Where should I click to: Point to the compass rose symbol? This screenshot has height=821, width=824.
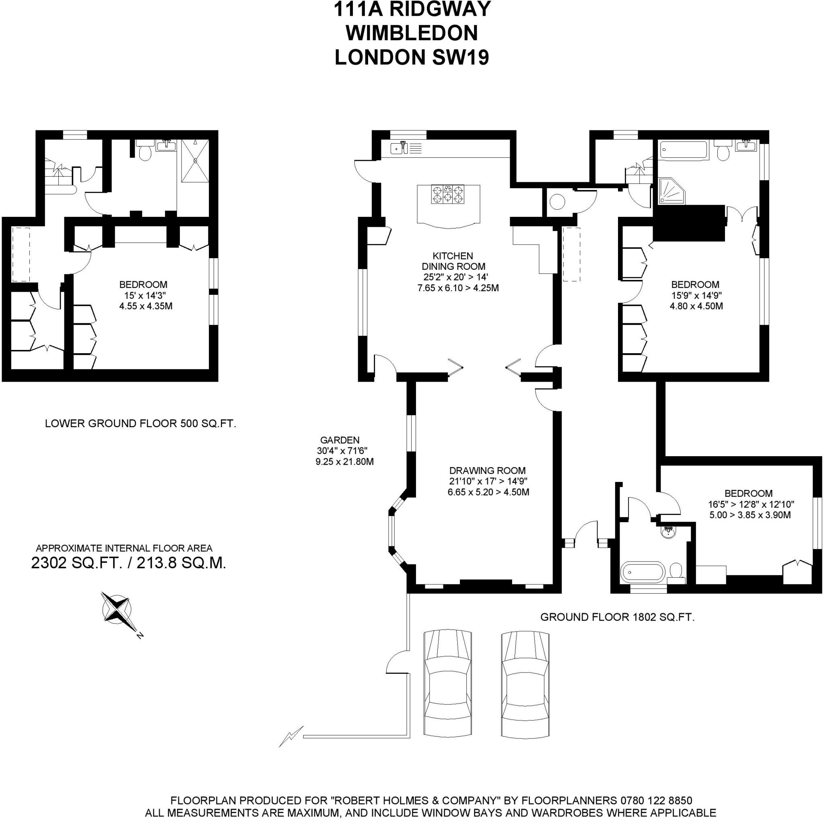(x=116, y=609)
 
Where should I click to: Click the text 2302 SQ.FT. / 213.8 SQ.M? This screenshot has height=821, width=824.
(x=128, y=563)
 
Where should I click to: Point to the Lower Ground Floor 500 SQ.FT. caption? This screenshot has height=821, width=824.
(x=140, y=424)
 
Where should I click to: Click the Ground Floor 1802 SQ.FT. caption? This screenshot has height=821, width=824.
(x=617, y=617)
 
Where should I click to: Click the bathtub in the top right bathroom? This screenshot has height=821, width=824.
(x=683, y=150)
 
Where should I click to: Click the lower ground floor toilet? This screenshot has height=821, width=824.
(x=145, y=152)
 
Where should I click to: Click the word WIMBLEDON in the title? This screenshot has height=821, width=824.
(x=412, y=33)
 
